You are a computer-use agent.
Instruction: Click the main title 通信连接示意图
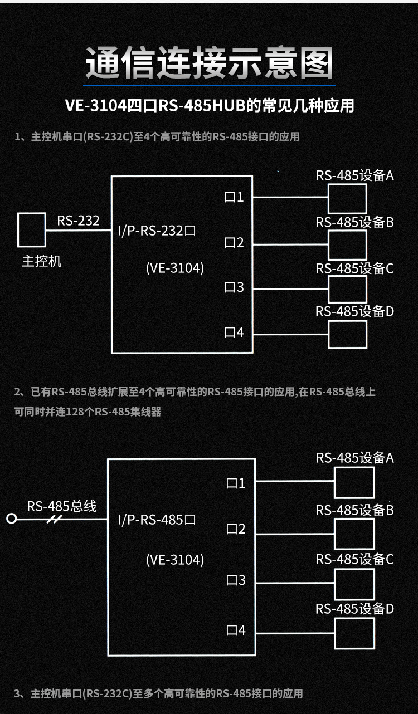point(209,62)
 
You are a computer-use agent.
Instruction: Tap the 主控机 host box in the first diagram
point(31,229)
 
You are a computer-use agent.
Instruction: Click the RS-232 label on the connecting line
point(78,221)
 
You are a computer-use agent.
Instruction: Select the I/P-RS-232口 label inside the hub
point(158,231)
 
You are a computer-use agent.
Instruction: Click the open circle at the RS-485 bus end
point(11,519)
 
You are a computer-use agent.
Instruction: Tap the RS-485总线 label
point(62,506)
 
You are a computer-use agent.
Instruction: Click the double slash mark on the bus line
point(55,519)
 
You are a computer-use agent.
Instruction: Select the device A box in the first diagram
point(347,198)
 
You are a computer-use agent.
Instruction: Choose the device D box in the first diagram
point(347,334)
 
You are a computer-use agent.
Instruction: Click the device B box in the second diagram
point(354,534)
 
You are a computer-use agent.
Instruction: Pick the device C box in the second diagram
point(354,584)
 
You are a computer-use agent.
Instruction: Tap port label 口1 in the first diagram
point(234,197)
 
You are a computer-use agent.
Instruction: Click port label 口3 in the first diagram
point(234,287)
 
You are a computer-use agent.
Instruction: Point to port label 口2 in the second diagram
point(236,529)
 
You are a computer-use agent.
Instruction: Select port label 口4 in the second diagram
point(236,630)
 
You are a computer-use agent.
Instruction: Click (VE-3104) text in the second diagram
point(175,560)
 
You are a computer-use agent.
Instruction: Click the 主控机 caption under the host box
point(42,262)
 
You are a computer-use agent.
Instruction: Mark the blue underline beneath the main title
point(209,86)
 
